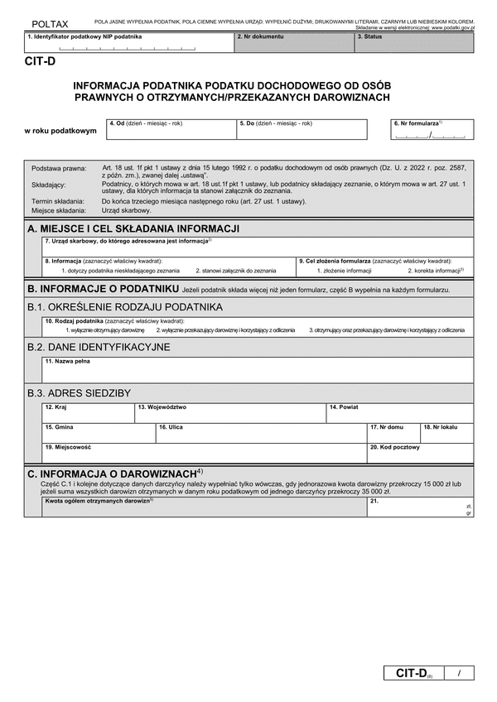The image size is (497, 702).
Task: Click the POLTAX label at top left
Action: [50, 26]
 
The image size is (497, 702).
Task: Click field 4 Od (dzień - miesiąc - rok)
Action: [170, 131]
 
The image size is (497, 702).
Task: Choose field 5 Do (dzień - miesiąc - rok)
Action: [300, 131]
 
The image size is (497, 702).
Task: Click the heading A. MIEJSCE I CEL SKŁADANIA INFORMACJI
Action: [133, 228]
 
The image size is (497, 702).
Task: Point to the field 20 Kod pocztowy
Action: [420, 453]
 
